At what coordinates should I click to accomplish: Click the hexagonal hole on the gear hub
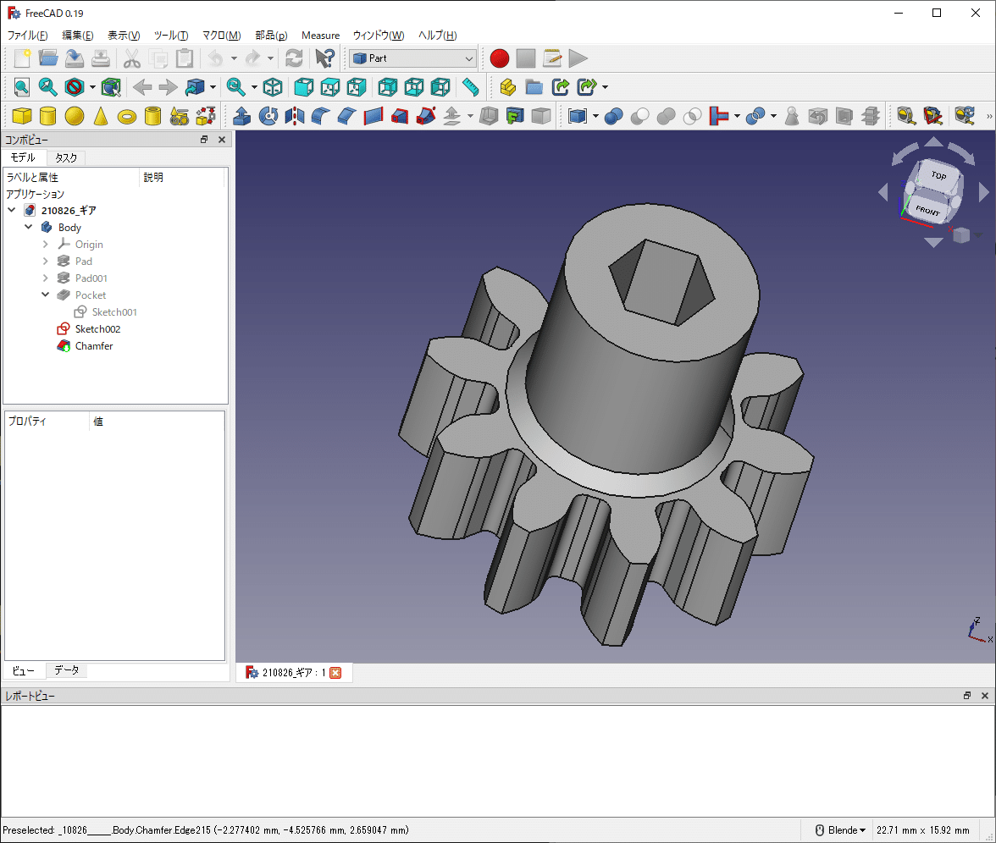point(660,280)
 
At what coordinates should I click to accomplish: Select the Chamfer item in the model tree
point(93,346)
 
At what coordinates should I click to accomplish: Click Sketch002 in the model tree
point(97,329)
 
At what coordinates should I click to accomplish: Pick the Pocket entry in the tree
point(91,295)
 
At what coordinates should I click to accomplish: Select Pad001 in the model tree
point(91,278)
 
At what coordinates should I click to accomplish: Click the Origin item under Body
point(89,245)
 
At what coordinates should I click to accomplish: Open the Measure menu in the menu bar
point(320,36)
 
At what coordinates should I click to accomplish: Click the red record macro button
point(500,58)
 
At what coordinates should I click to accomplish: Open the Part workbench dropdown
point(413,58)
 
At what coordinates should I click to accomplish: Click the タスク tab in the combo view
point(66,158)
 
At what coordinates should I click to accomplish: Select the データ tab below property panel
point(67,670)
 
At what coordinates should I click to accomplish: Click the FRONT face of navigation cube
point(927,209)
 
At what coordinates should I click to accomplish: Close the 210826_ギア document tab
point(335,673)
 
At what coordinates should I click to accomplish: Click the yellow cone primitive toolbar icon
point(101,116)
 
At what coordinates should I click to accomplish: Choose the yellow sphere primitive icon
point(75,116)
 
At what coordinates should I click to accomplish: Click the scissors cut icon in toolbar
point(131,58)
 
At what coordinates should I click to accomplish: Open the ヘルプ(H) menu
point(438,36)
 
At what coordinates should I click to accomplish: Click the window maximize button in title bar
point(937,13)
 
